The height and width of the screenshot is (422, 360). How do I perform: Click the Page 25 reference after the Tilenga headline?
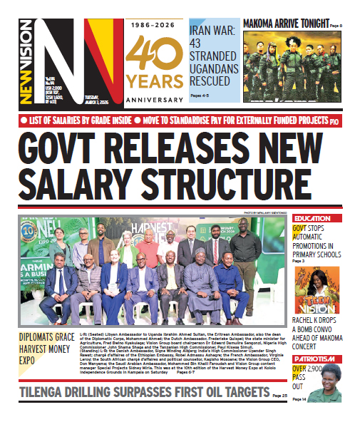[x=279, y=395]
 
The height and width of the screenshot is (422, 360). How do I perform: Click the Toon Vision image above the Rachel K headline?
[x=315, y=291]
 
